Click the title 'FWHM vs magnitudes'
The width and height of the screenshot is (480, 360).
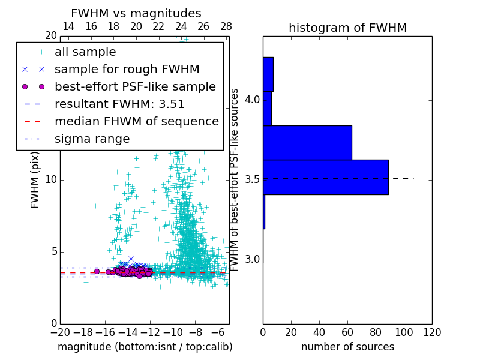(136, 14)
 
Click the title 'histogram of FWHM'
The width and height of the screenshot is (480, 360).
(347, 28)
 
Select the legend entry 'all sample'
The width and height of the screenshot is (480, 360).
(85, 52)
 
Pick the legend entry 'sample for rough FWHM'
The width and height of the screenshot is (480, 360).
(127, 70)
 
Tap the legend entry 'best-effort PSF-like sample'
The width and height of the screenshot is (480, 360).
(135, 87)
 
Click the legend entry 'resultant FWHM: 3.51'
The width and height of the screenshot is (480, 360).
(119, 104)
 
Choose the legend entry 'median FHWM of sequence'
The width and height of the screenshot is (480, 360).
(137, 122)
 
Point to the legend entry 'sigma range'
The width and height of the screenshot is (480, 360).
(92, 139)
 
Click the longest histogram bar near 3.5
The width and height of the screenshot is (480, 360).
(325, 177)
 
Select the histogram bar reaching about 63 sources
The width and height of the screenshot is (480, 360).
(307, 143)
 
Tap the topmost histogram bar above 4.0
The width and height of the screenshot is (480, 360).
(268, 74)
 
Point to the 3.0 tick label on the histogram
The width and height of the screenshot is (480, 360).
(252, 259)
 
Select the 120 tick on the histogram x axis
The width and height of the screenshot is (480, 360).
(432, 332)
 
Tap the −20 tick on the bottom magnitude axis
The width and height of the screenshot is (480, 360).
(59, 332)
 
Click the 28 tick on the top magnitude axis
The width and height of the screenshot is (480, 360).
(226, 27)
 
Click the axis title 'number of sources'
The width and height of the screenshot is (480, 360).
(347, 347)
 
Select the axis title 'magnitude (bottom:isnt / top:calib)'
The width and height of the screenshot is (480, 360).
(145, 347)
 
